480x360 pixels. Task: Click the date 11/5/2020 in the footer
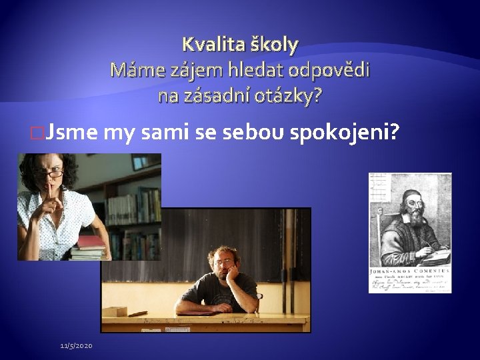click(77, 345)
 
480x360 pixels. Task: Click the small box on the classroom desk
click(114, 311)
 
